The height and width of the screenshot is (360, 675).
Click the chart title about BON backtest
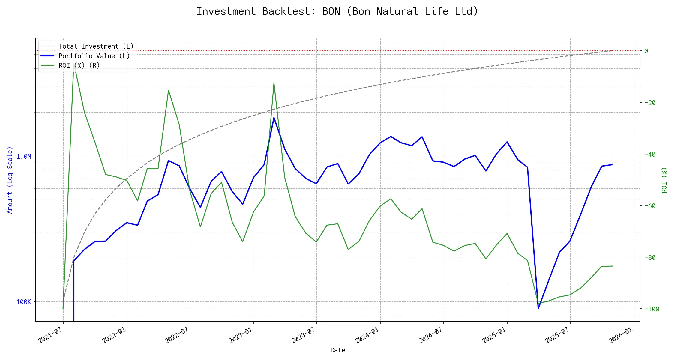[337, 11]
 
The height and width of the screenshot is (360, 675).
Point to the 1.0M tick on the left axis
[24, 157]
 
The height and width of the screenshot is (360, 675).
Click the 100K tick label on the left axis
[24, 302]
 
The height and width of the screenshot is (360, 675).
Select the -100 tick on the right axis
[652, 309]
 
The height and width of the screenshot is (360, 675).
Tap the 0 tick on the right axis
[646, 51]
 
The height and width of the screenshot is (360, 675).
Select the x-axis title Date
[338, 350]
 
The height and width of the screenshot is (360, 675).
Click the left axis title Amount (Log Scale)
[10, 180]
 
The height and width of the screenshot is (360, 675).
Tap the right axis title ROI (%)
[664, 180]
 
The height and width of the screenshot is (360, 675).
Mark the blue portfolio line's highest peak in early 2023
[274, 118]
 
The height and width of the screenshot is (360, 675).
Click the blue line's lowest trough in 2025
[538, 308]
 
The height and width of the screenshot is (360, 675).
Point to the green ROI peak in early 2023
[274, 83]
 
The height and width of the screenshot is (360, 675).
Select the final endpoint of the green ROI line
[613, 266]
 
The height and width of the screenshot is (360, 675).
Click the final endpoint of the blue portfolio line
[613, 164]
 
